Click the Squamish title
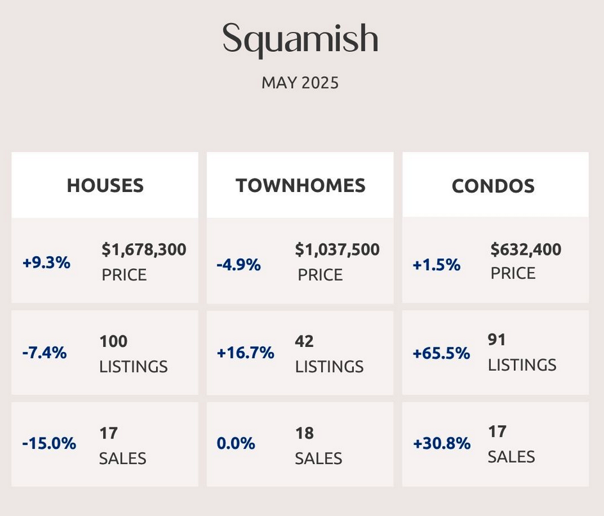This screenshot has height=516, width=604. (300, 39)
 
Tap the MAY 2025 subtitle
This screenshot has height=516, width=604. (300, 83)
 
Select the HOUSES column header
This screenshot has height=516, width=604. (105, 186)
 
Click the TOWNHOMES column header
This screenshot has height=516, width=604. (301, 186)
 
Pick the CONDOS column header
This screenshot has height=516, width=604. (493, 186)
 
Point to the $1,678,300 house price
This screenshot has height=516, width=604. (144, 250)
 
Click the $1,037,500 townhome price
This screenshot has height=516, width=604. (337, 250)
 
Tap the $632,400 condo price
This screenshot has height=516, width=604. (526, 250)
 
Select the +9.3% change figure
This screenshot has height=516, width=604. (47, 263)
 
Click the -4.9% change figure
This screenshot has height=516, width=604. (239, 265)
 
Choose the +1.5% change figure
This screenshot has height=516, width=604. (436, 265)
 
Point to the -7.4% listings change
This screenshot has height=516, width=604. (45, 353)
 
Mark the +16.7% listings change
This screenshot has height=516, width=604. (246, 353)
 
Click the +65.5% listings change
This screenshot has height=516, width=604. (441, 353)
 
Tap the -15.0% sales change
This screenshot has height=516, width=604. (49, 443)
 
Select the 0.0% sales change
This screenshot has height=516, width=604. (235, 443)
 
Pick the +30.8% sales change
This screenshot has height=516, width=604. (442, 443)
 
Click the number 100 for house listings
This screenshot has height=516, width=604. (114, 341)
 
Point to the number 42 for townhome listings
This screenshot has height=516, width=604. (305, 341)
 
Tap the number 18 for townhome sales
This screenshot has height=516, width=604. (305, 433)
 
